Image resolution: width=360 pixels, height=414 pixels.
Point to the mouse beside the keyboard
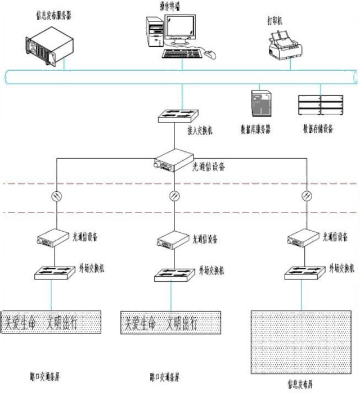209,55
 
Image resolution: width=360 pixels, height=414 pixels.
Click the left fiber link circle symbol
55,196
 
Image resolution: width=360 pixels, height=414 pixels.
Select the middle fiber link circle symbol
174,196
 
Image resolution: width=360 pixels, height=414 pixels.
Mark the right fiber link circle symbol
307,196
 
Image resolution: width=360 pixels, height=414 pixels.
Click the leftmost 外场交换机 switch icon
52,273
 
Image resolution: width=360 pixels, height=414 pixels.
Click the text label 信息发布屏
301,386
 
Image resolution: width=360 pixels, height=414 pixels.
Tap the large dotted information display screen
300,342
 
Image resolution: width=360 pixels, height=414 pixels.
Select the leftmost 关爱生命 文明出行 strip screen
51,322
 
